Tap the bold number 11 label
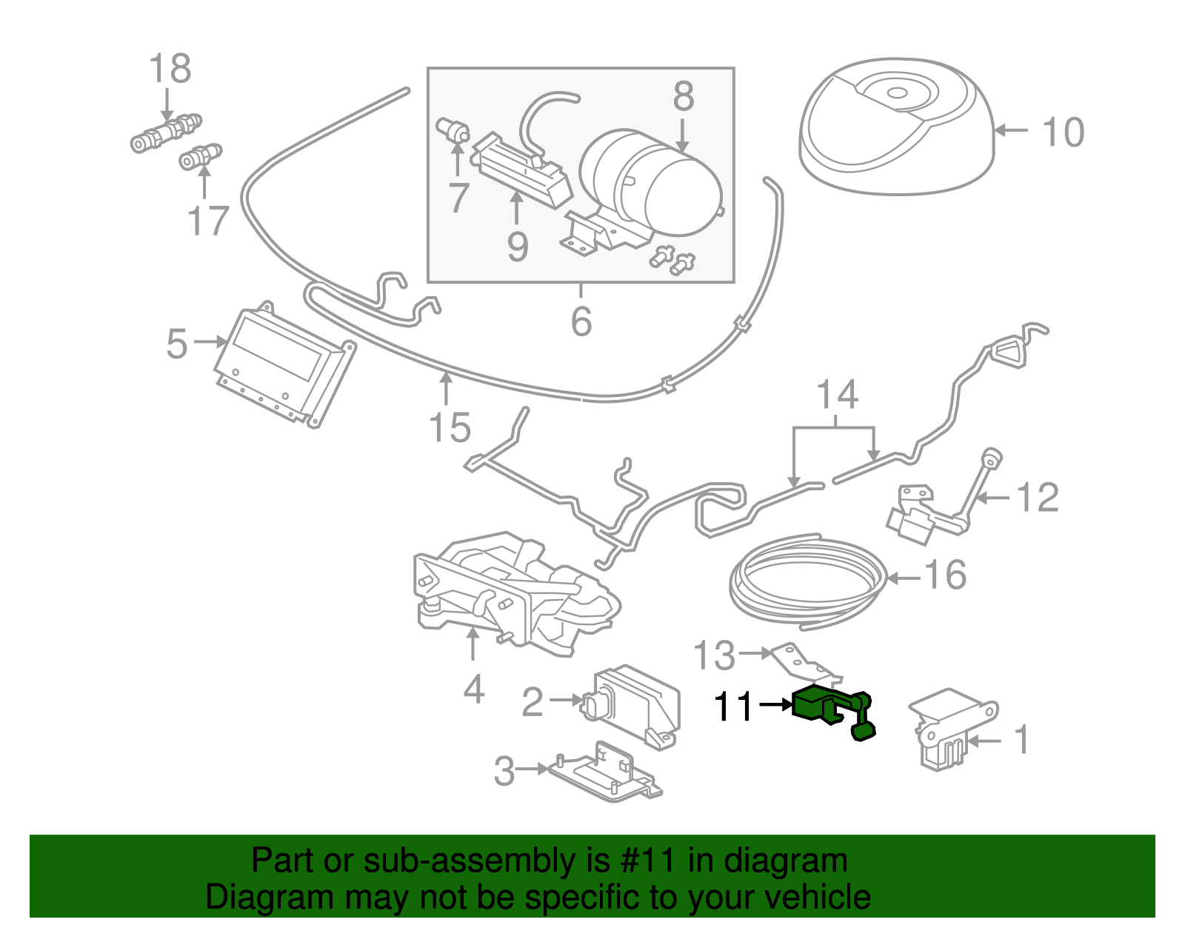pyautogui.click(x=732, y=707)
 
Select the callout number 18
pyautogui.click(x=170, y=69)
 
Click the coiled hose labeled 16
pyautogui.click(x=807, y=578)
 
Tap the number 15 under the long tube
pyautogui.click(x=450, y=427)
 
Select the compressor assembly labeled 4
pyautogui.click(x=511, y=592)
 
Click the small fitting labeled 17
pyautogui.click(x=200, y=157)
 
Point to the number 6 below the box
pyautogui.click(x=581, y=321)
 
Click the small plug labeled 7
pyautogui.click(x=453, y=130)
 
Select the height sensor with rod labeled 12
pyautogui.click(x=941, y=504)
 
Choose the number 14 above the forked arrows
pyautogui.click(x=837, y=395)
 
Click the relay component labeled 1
pyautogui.click(x=952, y=729)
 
